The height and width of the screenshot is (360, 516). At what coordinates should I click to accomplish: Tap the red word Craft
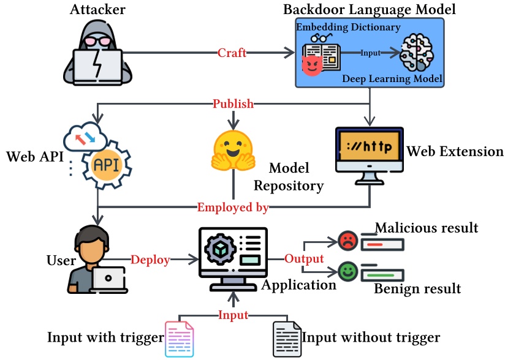pos(232,53)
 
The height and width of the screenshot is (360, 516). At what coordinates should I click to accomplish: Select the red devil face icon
pos(313,65)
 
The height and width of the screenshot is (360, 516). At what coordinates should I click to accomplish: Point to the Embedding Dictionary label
pos(348,27)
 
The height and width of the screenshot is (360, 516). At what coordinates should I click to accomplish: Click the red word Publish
pos(233,103)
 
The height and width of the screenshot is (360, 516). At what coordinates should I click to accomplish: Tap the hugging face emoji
pos(233,150)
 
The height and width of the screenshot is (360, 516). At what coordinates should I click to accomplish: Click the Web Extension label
pos(455,151)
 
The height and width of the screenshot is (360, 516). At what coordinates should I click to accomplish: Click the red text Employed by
pos(233,207)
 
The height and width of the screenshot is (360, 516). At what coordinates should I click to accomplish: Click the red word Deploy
pos(150,260)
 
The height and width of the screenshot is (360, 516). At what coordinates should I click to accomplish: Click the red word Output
pos(303,258)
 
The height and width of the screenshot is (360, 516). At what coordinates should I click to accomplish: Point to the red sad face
pos(347,241)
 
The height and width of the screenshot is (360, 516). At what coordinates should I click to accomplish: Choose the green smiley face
pos(347,272)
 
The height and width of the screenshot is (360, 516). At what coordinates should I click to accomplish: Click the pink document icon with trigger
pos(180,339)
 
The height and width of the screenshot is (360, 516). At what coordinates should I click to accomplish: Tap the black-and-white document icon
pos(286,339)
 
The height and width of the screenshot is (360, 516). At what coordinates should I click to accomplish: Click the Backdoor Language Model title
pos(369,10)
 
